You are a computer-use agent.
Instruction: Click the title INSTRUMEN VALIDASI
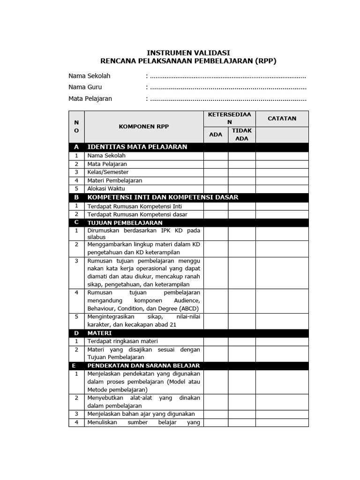click(x=188, y=53)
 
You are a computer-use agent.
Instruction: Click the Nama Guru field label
click(x=85, y=87)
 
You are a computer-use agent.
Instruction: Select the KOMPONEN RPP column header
click(x=143, y=127)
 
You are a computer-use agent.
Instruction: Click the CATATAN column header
click(x=282, y=119)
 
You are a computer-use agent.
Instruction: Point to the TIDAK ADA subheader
click(x=242, y=135)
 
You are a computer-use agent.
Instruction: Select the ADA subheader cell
click(x=216, y=135)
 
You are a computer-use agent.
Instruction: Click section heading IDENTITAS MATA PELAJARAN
click(x=137, y=147)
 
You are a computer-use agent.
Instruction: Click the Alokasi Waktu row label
click(x=106, y=188)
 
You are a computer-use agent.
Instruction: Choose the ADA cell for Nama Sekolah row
click(x=216, y=156)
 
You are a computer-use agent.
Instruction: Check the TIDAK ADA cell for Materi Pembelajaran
click(x=242, y=180)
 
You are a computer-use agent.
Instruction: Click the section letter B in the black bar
click(x=76, y=197)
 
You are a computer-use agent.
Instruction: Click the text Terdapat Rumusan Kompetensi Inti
click(x=135, y=206)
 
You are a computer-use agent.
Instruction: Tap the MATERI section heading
click(x=99, y=333)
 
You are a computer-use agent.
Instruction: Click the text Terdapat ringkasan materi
click(x=122, y=341)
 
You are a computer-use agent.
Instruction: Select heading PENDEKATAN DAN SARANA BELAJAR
click(x=143, y=366)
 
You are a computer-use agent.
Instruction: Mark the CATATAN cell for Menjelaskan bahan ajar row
click(x=282, y=414)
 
